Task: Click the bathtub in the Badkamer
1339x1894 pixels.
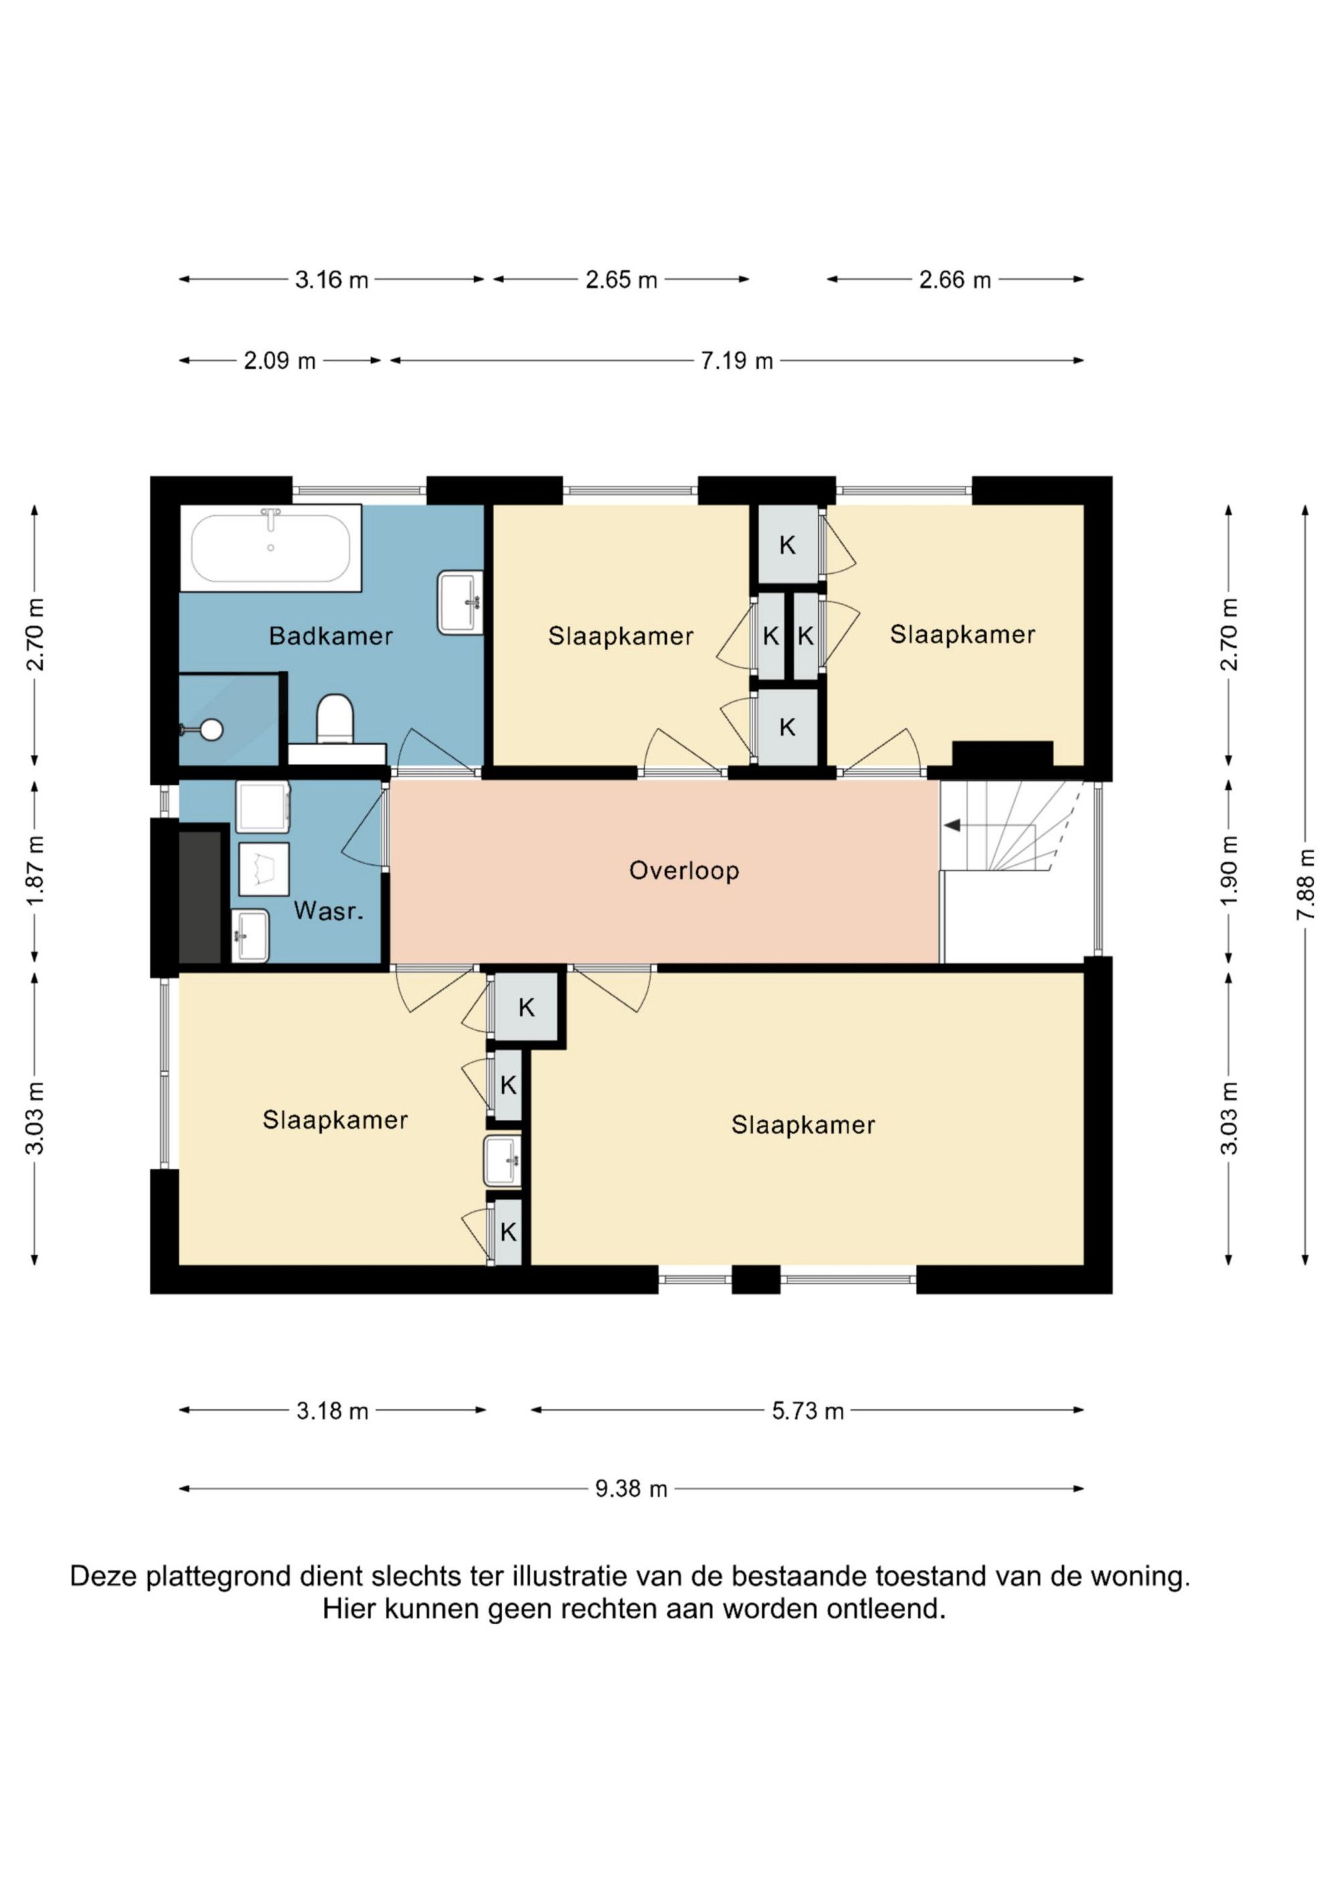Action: coord(270,548)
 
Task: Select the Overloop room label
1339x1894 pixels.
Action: coord(684,870)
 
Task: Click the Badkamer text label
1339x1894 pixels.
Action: coord(331,636)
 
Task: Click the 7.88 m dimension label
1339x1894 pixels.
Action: coord(1304,884)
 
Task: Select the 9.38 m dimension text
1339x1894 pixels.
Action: coord(631,1489)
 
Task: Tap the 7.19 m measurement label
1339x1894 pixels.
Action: coord(736,360)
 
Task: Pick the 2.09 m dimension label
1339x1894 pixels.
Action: coord(280,360)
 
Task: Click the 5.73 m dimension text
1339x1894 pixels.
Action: coord(807,1411)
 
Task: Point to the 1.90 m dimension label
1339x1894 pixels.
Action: coord(1229,870)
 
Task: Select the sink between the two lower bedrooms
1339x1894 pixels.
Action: coord(502,1161)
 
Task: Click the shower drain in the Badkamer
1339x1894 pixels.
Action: coord(213,729)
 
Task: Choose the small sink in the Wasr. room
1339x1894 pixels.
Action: coord(250,935)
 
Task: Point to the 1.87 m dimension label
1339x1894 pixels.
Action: coord(35,870)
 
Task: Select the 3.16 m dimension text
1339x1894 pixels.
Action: coord(331,280)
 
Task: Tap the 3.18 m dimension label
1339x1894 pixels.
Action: coord(333,1411)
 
